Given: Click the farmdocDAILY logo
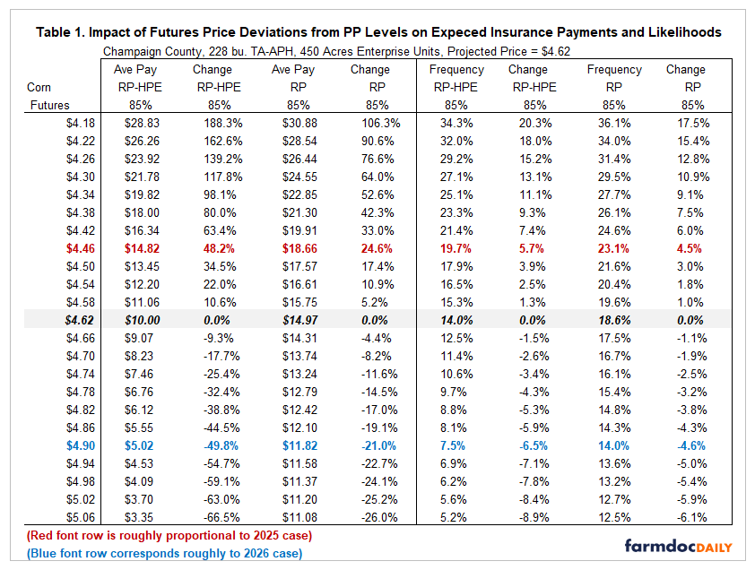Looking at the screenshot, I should (677, 545).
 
